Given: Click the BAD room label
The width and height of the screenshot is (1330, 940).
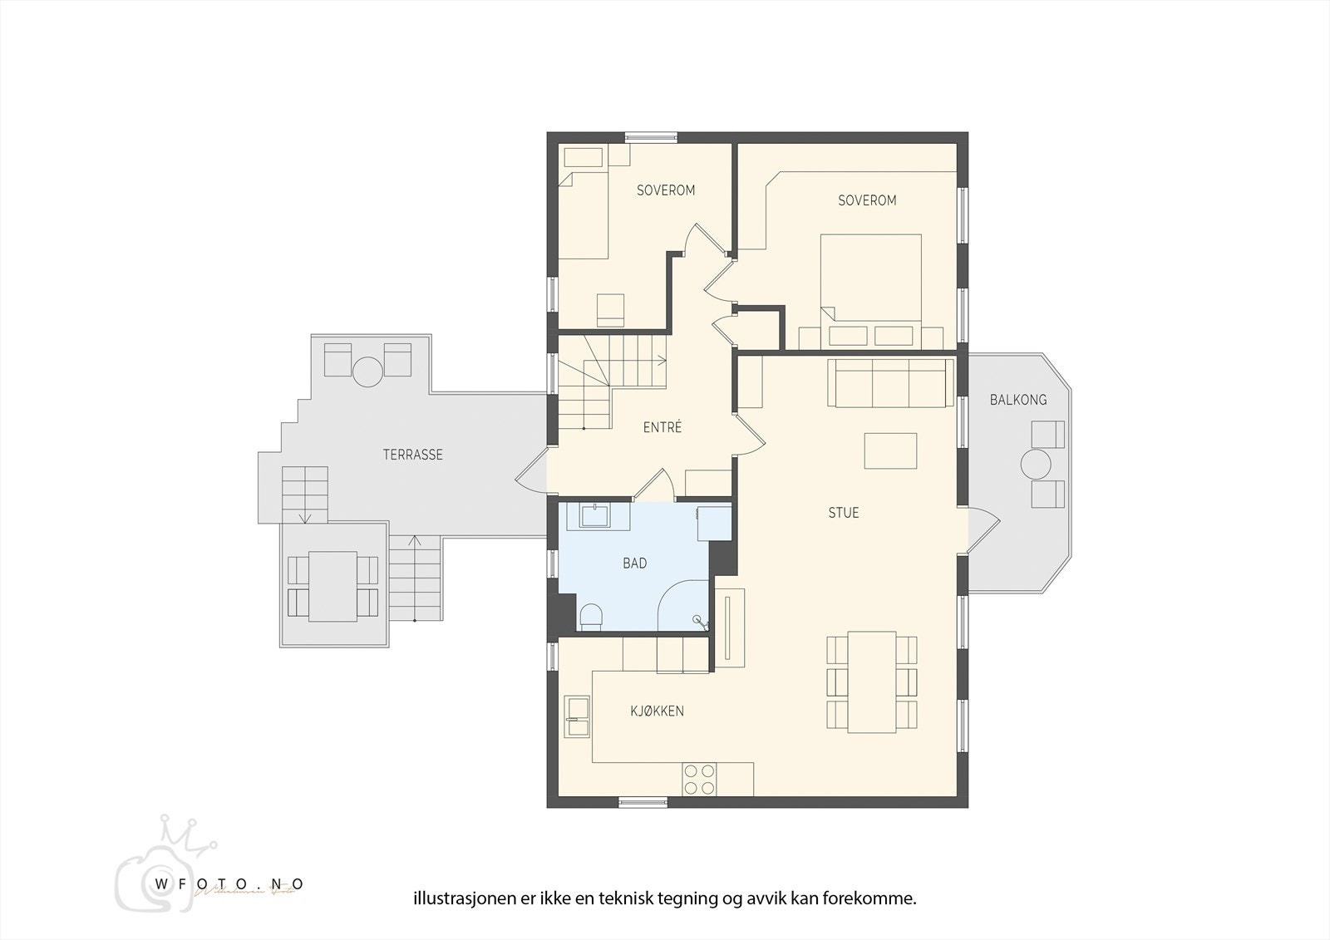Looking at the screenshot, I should [635, 564].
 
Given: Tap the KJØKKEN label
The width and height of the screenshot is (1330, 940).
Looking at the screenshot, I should [657, 711].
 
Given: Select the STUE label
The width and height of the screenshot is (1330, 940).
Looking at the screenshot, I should [843, 513].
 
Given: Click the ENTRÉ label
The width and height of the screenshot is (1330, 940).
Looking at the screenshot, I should [662, 427].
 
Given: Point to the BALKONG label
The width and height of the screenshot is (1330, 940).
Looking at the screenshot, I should [1017, 400].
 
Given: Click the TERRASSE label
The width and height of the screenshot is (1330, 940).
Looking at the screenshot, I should [412, 455].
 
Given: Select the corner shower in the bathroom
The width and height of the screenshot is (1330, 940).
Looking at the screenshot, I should [683, 607].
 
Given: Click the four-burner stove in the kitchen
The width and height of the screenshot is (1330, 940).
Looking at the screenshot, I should [699, 779].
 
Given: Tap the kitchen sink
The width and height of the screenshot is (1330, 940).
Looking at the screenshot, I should [576, 716].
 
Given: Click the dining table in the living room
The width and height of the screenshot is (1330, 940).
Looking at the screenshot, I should [871, 682].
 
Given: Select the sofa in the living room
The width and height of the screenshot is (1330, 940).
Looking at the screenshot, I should [890, 383].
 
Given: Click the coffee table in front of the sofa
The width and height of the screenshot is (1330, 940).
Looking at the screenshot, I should [890, 450].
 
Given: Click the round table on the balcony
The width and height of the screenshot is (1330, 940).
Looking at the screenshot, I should [1037, 465].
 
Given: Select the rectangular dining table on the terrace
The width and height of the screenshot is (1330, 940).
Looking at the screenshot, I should [332, 586].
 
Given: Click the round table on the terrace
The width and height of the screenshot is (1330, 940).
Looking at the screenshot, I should [367, 371].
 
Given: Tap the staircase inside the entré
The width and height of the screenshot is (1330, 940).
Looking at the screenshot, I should [611, 382].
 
